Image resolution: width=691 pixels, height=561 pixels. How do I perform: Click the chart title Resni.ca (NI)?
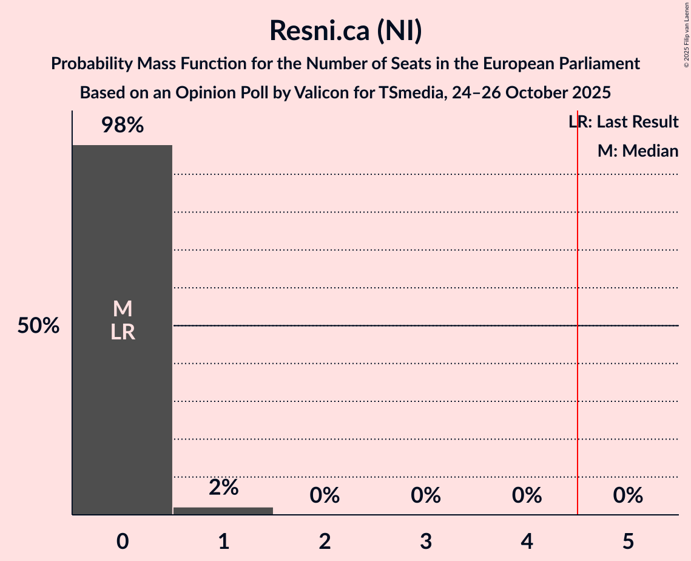[x=345, y=31]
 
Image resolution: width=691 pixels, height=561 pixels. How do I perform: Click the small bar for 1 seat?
[x=223, y=511]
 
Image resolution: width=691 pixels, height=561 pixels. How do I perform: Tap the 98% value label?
[x=123, y=126]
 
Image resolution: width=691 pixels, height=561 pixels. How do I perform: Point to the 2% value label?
[x=223, y=487]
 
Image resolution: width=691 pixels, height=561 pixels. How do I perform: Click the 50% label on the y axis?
[x=38, y=326]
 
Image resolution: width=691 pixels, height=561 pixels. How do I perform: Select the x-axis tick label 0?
[x=123, y=542]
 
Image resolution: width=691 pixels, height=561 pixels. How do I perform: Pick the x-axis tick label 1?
[x=223, y=542]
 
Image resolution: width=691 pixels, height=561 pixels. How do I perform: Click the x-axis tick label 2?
[x=325, y=542]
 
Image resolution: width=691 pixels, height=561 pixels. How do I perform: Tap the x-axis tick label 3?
[x=426, y=542]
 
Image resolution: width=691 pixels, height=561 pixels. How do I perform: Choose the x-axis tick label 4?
[x=527, y=542]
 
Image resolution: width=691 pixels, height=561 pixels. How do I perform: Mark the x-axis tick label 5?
[x=628, y=542]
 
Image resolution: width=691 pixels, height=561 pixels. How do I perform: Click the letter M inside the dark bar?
[x=123, y=309]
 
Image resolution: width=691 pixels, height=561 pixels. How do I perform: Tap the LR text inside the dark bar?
[x=123, y=332]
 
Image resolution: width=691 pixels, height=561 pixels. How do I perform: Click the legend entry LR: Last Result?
[x=624, y=122]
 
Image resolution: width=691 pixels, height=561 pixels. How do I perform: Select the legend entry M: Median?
[x=638, y=151]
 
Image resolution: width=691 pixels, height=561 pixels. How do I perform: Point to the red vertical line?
[x=578, y=364]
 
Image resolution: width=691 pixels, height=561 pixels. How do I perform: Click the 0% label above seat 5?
[x=628, y=496]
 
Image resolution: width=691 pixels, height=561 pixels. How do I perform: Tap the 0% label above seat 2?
[x=325, y=496]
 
